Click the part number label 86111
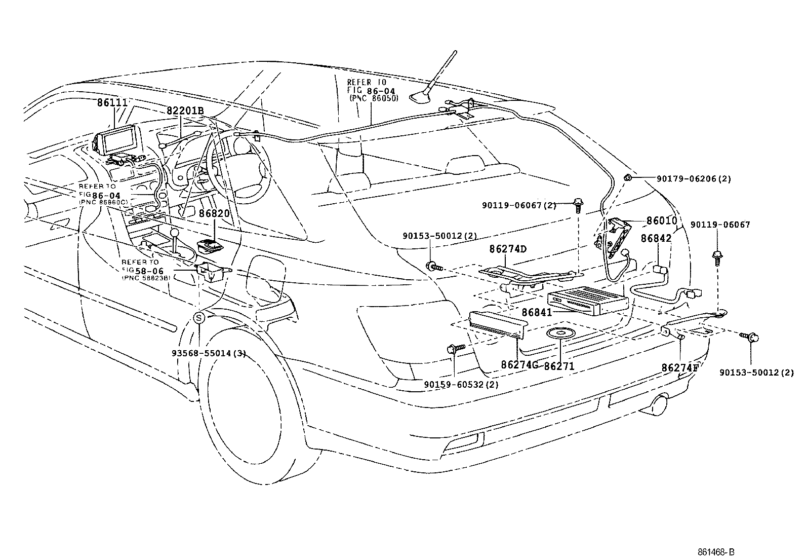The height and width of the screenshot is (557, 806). point(112,102)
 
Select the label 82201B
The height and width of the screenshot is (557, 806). point(185,110)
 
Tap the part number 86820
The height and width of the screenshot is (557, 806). point(214,213)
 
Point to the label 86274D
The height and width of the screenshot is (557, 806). point(508,249)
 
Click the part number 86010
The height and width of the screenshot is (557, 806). point(661,221)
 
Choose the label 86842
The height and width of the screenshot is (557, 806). point(656,238)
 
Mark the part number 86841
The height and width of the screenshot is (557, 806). point(537,313)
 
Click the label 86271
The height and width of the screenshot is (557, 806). point(559,365)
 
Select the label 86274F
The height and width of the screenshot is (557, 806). point(679,367)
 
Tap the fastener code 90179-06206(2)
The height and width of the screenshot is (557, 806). point(694,179)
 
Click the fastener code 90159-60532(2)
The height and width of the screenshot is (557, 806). point(461,384)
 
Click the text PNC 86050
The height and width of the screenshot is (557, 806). point(373,98)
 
